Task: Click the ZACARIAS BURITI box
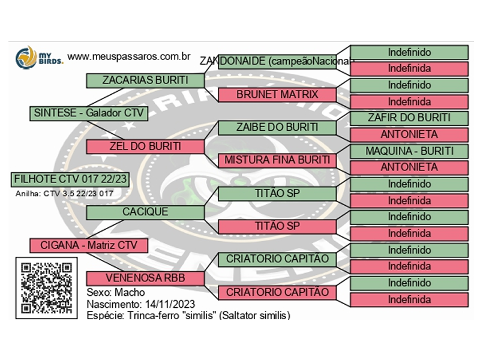pos(145,80)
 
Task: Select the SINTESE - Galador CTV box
pos(88,113)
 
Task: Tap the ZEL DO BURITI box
pos(145,146)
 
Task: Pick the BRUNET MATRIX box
pos(277,95)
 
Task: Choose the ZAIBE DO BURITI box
pos(277,128)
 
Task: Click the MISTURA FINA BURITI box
pos(277,161)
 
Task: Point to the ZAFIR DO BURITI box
pos(409,118)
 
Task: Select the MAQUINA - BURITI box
pos(409,151)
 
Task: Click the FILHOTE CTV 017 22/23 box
pos(70,179)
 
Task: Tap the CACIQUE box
pos(145,212)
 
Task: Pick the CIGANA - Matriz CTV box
pos(88,245)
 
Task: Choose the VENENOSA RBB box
pos(145,278)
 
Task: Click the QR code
pos(46,286)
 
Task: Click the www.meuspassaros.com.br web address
pos(129,56)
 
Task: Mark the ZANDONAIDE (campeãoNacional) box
pos(277,61)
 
